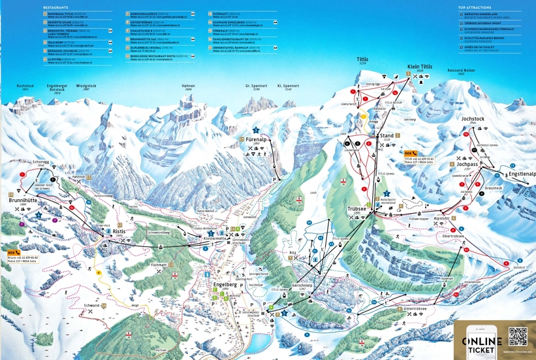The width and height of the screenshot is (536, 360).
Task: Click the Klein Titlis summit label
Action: click(420, 67)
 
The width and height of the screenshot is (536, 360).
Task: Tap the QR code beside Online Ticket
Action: click(517, 336)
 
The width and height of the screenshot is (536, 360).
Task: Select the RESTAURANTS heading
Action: click(55, 7)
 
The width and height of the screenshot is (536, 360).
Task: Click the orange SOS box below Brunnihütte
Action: click(12, 252)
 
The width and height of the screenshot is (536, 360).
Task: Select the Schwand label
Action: click(91, 305)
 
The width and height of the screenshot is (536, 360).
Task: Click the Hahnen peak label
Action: click(188, 86)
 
